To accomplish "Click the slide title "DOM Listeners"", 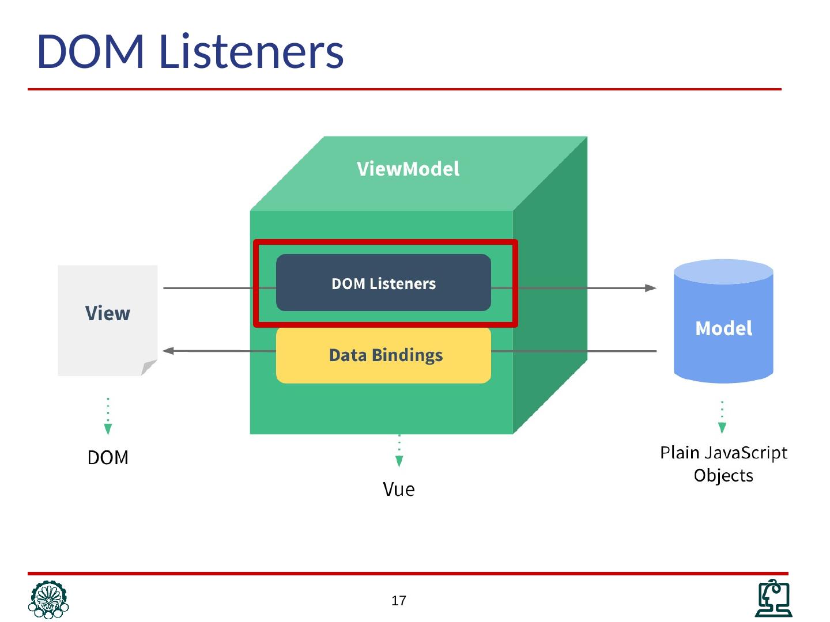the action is point(190,51).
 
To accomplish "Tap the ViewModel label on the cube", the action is point(408,169).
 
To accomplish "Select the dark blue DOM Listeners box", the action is point(383,282).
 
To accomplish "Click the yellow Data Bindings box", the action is point(383,355).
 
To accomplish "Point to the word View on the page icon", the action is point(108,313).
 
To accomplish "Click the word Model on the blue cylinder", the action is point(723,328).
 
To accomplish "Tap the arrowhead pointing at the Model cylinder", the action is point(650,288).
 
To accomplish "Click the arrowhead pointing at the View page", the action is point(168,351).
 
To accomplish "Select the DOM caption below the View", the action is point(108,457).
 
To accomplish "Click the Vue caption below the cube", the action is point(398,489).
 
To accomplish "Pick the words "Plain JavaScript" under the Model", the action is point(723,453).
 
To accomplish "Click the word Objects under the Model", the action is point(723,475).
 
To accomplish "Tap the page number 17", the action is point(398,601).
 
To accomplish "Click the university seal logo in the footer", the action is point(48,600).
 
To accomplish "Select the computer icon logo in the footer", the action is point(774,598).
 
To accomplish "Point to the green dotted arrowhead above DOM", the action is point(108,429).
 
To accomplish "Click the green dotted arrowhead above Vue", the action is point(399,461).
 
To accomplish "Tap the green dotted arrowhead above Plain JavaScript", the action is point(722,428).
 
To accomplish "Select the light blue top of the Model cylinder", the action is point(723,271).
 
